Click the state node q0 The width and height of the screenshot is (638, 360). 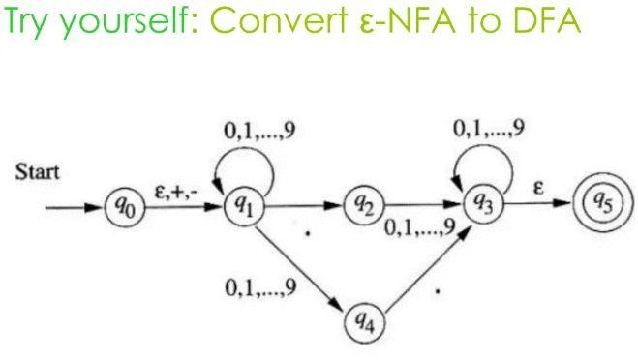(122, 207)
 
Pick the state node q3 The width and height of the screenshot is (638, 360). (481, 203)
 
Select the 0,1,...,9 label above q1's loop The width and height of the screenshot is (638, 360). (256, 133)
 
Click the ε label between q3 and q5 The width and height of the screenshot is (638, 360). (538, 189)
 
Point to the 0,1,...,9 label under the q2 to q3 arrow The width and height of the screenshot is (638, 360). (418, 229)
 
